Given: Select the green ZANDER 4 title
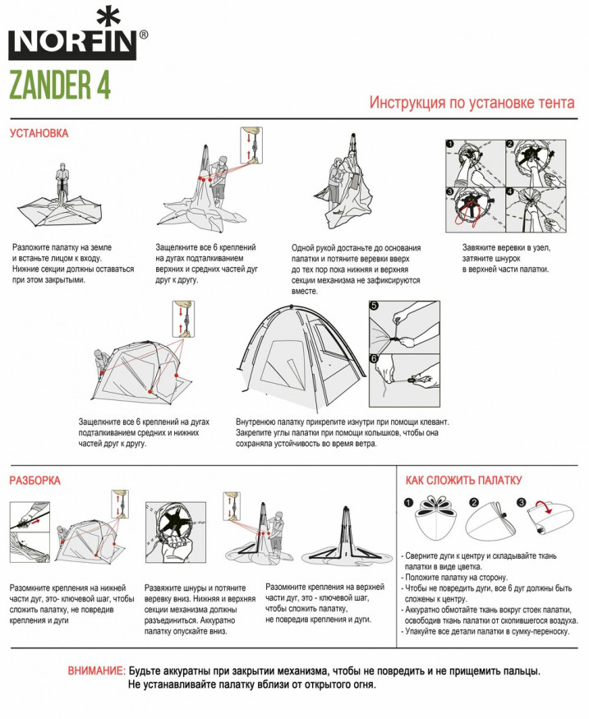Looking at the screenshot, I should tap(59, 84).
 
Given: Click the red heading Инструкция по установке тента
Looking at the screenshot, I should tap(472, 104).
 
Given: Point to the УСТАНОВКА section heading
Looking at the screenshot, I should tap(39, 133).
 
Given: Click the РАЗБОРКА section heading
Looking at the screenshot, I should tap(35, 480).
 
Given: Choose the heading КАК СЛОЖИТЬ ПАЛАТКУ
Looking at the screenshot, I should tap(463, 480).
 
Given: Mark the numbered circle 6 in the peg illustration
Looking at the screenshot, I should tap(375, 358).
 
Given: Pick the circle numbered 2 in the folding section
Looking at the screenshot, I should tap(474, 503).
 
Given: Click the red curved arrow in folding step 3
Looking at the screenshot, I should tap(543, 503).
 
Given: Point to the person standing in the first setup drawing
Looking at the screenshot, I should tap(60, 182).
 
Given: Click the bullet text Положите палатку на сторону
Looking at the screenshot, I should tap(460, 577).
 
